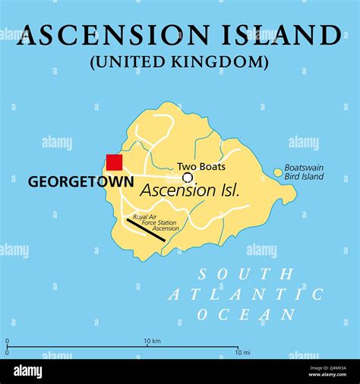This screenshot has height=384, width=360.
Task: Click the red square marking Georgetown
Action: coord(114,162)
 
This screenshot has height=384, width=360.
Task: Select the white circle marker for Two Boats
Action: coord(187,178)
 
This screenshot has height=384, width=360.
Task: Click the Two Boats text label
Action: coord(201,166)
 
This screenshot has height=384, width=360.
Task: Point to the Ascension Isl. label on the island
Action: coord(190,190)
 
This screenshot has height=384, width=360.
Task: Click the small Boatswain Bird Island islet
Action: coord(277,173)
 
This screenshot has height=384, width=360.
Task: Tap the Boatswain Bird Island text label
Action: coord(304,172)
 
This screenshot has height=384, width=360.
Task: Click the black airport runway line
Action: coord(145,230)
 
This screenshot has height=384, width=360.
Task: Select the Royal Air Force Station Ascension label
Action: coord(155,222)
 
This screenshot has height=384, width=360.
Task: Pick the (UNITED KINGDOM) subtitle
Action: coord(179,61)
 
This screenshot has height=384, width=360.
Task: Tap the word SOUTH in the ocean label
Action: coord(244,274)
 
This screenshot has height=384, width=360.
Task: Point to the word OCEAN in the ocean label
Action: coord(246,314)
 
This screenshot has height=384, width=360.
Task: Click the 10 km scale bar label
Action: coord(152,341)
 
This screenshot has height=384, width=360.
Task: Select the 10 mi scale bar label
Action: coord(242,352)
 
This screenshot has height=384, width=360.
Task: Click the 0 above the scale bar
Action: coord(8,341)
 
